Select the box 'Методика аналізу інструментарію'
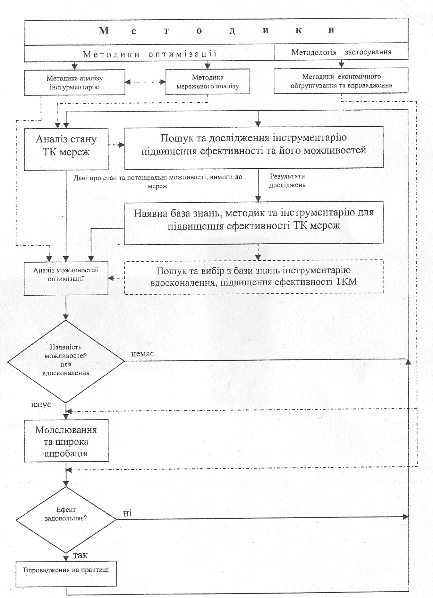(x=74, y=82)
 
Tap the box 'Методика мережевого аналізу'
(x=208, y=82)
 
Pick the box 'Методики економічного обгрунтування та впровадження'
(x=341, y=81)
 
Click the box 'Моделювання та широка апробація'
(x=66, y=441)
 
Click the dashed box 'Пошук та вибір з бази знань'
(x=254, y=277)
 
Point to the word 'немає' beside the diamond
(x=142, y=354)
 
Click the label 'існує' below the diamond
(x=41, y=405)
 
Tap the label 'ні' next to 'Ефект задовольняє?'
(x=127, y=514)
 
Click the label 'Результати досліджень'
(x=287, y=181)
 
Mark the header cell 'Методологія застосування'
(x=341, y=52)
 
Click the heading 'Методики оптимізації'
(x=150, y=54)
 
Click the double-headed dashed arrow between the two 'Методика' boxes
(x=145, y=82)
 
